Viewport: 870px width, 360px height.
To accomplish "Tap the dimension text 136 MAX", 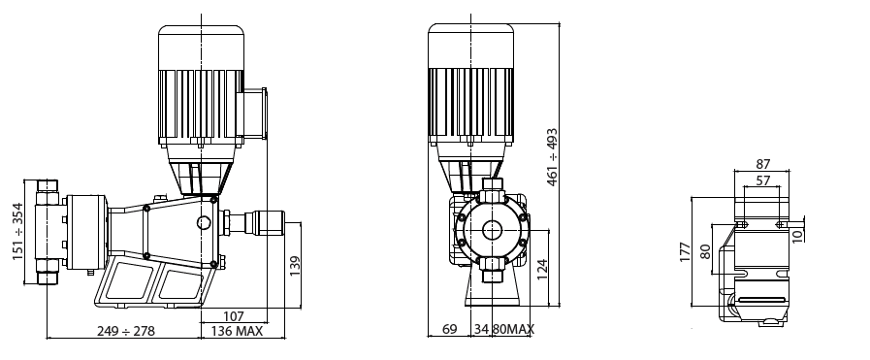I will pos(236,331).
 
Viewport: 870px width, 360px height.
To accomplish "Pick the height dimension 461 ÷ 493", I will pos(553,157).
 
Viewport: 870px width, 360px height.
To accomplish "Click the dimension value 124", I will pos(544,269).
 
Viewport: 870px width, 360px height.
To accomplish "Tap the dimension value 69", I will pos(450,331).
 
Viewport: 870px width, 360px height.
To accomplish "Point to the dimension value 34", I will pos(482,331).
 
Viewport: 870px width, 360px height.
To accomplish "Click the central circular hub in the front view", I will pos(491,231).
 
